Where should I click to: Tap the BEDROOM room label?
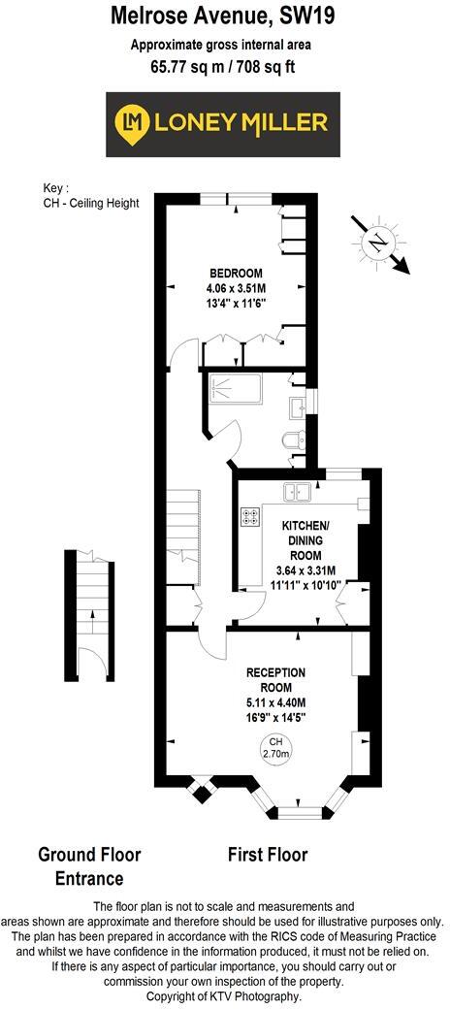235,273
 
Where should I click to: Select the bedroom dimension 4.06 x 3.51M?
236,288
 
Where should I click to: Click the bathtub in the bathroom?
233,391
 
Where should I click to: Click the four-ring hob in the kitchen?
250,517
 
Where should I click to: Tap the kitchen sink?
296,491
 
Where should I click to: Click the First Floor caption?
268,855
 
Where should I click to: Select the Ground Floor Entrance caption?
89,866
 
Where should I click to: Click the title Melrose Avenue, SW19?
224,16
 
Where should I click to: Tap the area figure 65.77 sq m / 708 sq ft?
224,67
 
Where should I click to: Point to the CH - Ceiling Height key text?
91,202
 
